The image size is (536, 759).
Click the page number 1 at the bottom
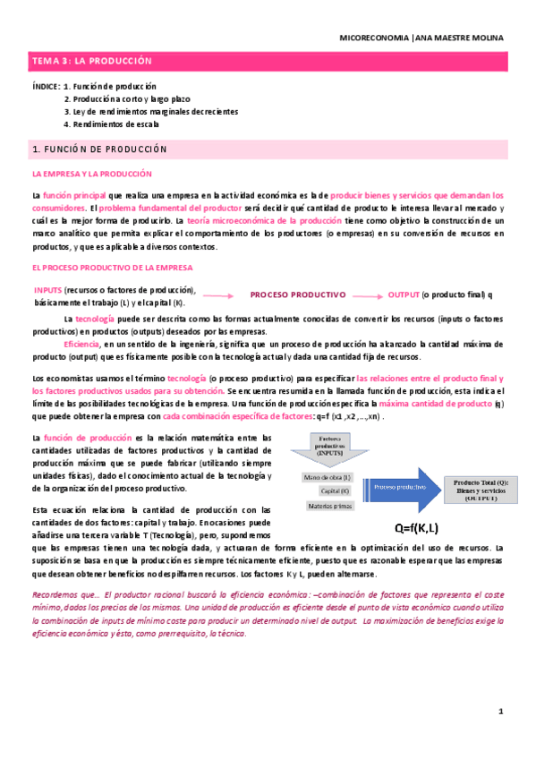pos(501,712)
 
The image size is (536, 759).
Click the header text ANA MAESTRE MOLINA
pos(459,38)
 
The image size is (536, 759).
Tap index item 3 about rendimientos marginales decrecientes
pos(150,112)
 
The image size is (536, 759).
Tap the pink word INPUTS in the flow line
pos(47,290)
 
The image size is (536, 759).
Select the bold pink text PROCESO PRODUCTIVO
pos(297,294)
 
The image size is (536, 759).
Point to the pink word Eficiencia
pos(82,344)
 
